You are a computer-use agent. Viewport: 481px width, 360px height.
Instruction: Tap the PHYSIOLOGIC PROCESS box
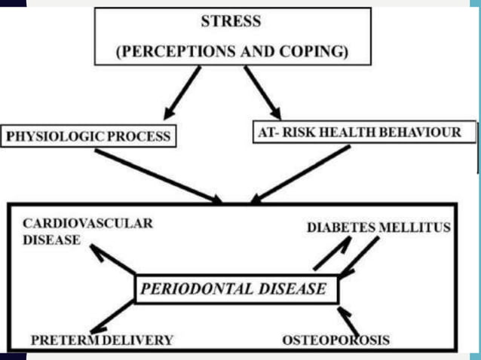tap(89, 136)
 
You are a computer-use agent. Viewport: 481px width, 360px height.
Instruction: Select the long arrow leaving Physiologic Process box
tap(158, 175)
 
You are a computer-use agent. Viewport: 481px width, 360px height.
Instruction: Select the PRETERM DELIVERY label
tap(102, 340)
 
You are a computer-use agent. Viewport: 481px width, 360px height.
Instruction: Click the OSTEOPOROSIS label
tap(335, 340)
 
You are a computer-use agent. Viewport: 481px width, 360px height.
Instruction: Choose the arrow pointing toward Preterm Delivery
tap(113, 317)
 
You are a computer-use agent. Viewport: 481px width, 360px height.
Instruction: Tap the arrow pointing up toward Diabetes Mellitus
tap(332, 254)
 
